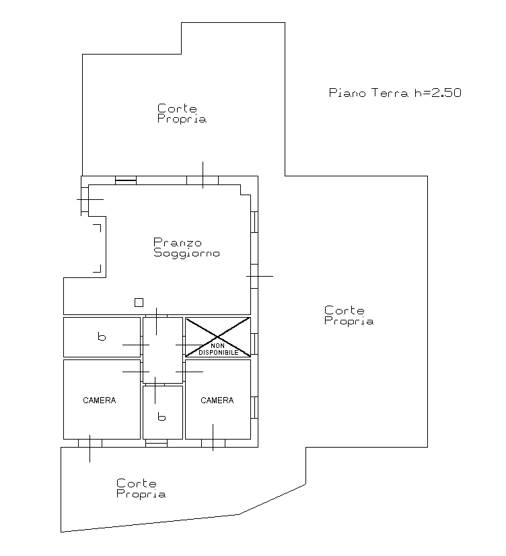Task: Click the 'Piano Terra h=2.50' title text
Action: [x=395, y=93]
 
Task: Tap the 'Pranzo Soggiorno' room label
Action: [x=186, y=248]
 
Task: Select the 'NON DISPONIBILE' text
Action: [x=218, y=349]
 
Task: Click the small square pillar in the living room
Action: [x=139, y=302]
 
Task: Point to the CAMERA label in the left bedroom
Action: [x=99, y=401]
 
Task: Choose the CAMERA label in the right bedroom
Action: [x=217, y=401]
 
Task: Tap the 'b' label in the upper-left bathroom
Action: [x=102, y=336]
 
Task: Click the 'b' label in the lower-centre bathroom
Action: [x=161, y=417]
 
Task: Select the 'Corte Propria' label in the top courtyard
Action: [x=182, y=114]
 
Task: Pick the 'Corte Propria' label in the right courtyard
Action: [x=349, y=316]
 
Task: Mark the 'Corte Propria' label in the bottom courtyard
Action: [x=141, y=489]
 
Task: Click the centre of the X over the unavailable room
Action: [x=217, y=337]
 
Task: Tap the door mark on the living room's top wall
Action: [x=203, y=175]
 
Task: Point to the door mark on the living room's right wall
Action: [x=259, y=276]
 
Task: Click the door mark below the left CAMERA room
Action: [x=89, y=448]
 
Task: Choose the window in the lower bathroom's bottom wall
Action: [x=156, y=443]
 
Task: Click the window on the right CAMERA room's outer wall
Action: [x=254, y=407]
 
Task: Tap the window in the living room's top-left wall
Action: [x=126, y=180]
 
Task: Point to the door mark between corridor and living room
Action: [x=156, y=321]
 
